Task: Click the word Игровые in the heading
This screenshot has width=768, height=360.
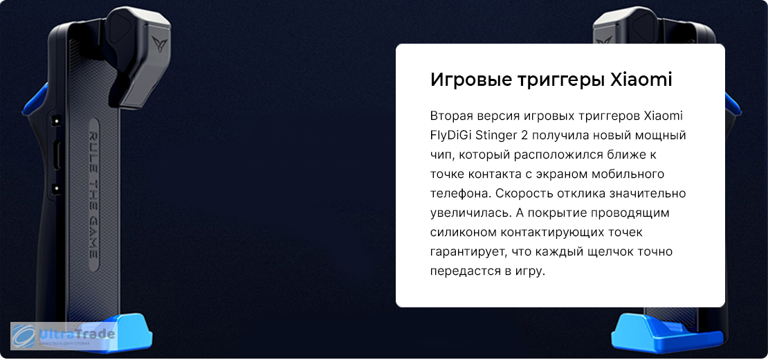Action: tap(470, 80)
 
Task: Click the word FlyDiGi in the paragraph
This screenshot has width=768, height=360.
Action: tap(450, 136)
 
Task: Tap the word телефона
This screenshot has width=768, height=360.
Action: tap(460, 193)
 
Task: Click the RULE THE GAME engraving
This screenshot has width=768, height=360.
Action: tap(93, 195)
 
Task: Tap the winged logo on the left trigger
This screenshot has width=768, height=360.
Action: tap(159, 44)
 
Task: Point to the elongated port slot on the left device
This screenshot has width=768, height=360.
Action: tap(57, 155)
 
